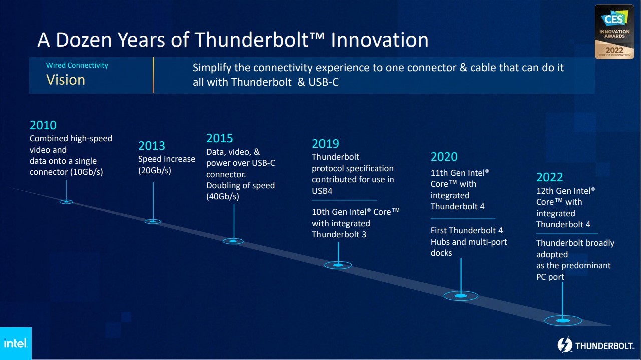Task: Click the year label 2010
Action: point(43,125)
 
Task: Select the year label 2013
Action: point(152,146)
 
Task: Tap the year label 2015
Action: point(220,138)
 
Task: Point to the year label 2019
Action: point(326,144)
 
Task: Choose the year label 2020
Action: point(444,157)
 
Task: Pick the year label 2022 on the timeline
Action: point(550,177)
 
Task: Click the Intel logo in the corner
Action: point(16,343)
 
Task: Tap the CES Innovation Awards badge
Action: point(614,32)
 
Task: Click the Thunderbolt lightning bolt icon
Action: point(564,345)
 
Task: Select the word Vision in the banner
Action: point(66,80)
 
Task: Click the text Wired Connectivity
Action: point(77,65)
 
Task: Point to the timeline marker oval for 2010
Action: point(66,202)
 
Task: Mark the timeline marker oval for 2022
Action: point(563,320)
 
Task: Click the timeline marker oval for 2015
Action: point(233,241)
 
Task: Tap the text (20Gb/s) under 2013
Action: point(155,170)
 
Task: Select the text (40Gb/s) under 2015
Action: point(223,197)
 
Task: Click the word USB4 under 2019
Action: point(322,191)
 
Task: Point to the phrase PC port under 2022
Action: point(550,277)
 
